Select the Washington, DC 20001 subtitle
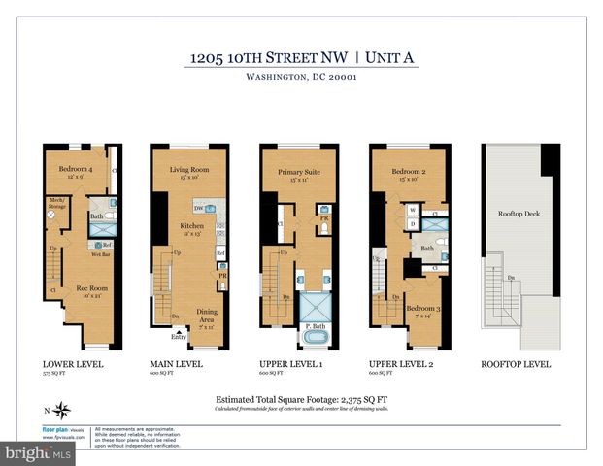[x=301, y=81]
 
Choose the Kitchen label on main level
[x=190, y=226]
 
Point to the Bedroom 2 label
[x=407, y=171]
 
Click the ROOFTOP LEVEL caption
[x=516, y=364]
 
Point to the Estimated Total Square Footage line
[x=300, y=398]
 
